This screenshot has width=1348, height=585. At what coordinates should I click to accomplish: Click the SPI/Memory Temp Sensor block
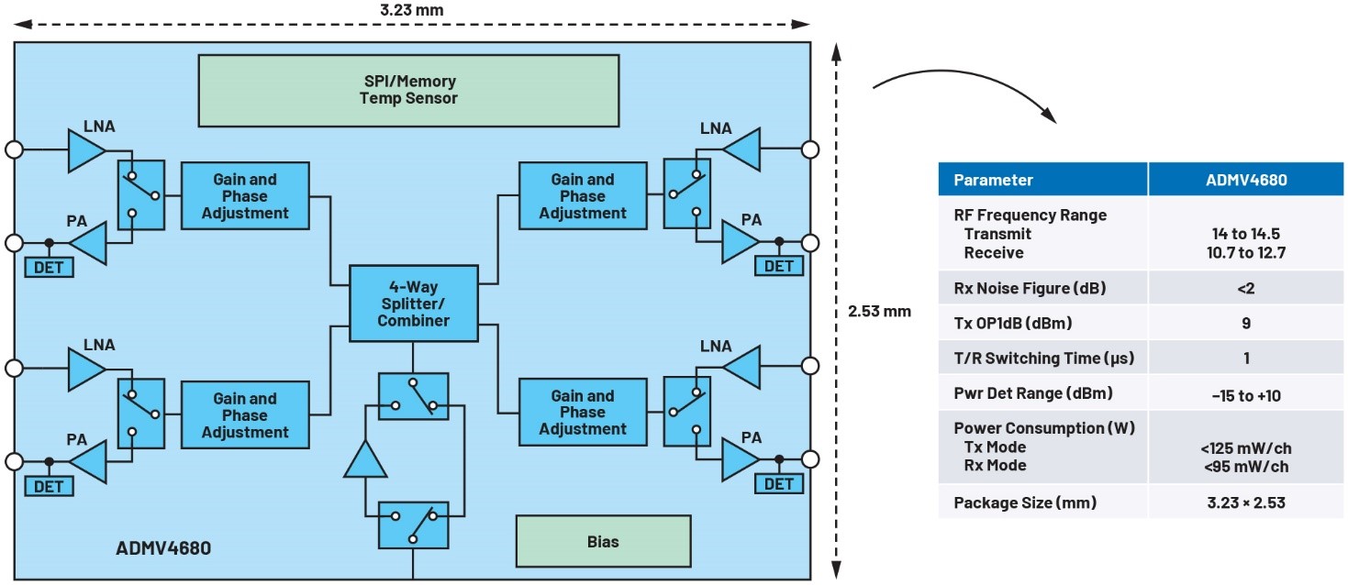(407, 90)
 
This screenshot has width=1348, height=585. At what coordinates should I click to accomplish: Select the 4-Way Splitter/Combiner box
(413, 304)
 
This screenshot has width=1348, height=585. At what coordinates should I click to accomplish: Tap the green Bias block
(602, 541)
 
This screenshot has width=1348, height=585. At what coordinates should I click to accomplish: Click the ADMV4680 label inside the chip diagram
(163, 549)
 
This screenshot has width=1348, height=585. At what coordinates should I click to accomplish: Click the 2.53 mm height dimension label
(879, 311)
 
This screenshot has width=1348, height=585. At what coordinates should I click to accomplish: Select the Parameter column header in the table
(993, 180)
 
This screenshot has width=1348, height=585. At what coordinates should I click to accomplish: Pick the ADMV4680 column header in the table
(1245, 180)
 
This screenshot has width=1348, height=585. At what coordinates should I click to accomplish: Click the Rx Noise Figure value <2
(1245, 289)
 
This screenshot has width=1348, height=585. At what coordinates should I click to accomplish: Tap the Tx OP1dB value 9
(1245, 324)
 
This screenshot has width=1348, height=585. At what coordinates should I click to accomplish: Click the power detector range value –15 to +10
(1245, 395)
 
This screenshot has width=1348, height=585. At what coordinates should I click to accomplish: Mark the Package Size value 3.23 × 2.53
(1245, 502)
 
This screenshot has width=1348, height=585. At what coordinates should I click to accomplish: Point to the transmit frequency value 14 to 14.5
(1245, 234)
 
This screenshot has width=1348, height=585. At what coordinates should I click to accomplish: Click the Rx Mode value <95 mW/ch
(1245, 466)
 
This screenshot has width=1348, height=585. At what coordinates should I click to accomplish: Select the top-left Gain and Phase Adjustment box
(245, 196)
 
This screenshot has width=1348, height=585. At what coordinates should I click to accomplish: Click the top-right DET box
(778, 266)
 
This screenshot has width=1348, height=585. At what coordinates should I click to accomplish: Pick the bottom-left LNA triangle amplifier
(87, 368)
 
